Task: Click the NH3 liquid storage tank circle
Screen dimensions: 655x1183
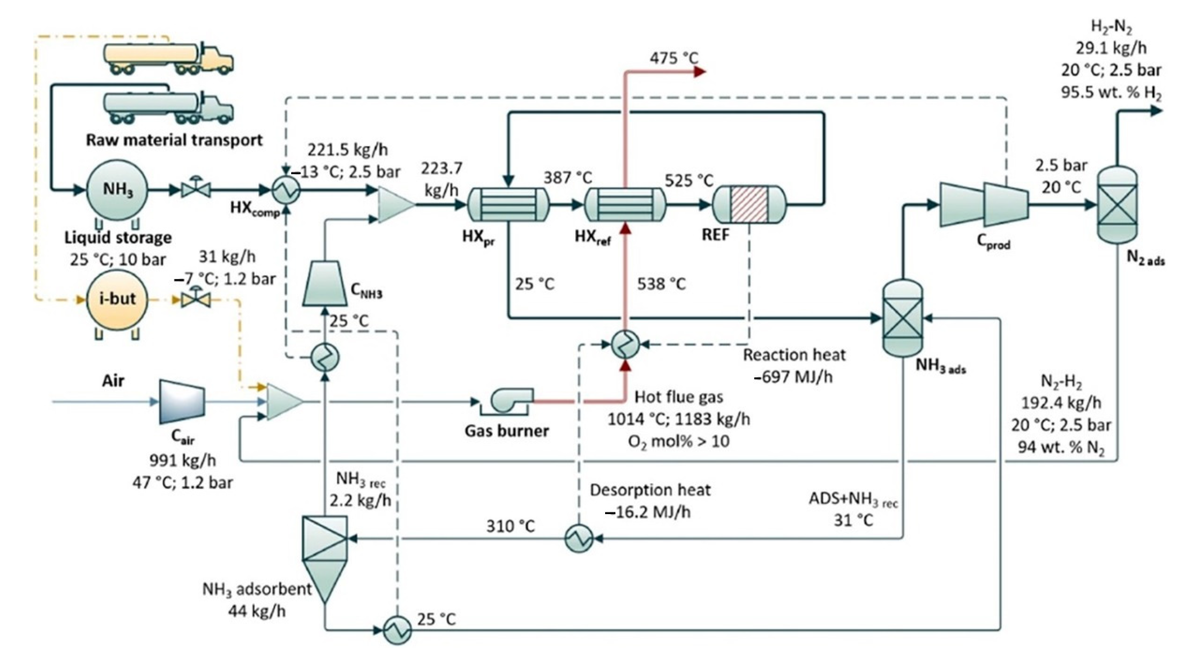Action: (x=118, y=190)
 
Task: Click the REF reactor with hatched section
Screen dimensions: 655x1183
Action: (x=749, y=204)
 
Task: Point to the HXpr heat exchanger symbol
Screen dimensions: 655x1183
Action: (x=509, y=205)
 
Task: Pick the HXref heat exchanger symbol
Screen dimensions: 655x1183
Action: (x=625, y=205)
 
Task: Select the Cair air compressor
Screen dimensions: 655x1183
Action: (x=182, y=401)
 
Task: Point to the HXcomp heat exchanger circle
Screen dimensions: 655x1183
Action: (x=287, y=189)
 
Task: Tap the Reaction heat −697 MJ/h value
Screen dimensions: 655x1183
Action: (x=793, y=377)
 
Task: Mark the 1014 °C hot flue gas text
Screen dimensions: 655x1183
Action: (x=679, y=419)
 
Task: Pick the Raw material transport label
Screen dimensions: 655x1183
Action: (x=174, y=140)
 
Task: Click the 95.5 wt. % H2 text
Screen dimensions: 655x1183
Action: (x=1111, y=93)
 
